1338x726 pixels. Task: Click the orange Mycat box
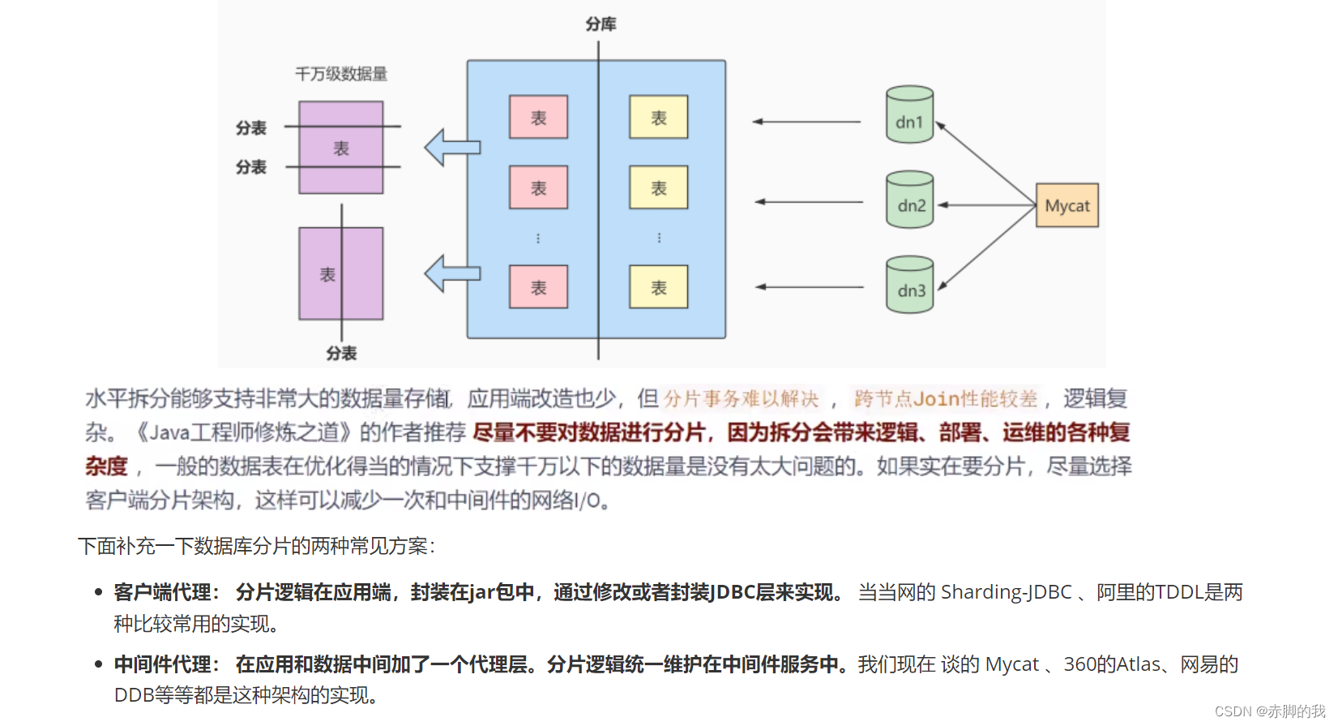1067,205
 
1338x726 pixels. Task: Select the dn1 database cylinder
909,115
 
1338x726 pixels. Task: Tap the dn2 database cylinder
909,200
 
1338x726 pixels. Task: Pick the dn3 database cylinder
909,285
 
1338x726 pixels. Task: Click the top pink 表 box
538,118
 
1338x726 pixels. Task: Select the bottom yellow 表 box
658,287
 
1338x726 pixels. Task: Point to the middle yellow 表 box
658,188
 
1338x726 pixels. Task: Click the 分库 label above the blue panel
601,24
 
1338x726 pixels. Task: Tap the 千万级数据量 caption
341,75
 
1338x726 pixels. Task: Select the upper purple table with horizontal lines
340,148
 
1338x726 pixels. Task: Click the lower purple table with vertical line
340,273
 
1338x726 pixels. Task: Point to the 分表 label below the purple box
341,353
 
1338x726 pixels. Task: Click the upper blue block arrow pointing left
451,148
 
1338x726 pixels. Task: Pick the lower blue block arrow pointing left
451,273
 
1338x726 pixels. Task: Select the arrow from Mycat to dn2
986,205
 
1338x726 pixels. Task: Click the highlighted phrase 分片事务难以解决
741,398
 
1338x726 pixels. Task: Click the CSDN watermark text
1269,711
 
